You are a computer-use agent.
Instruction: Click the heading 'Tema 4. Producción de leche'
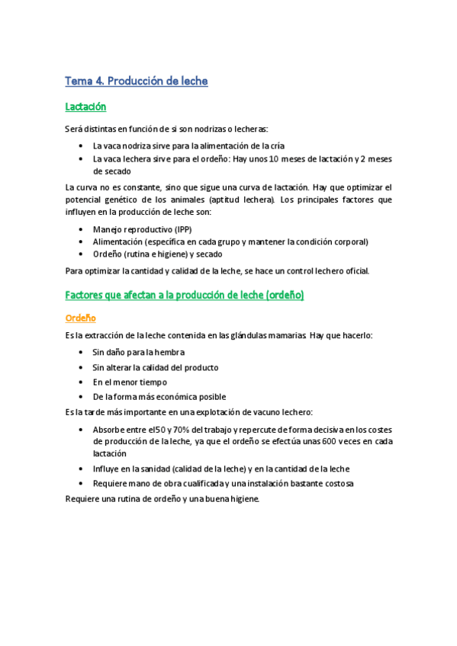137,81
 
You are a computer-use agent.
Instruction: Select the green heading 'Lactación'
85,107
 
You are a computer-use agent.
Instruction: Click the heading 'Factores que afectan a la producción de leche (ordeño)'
185,295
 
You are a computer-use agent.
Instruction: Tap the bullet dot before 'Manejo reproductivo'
82,229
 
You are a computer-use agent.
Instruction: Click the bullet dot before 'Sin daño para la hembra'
82,353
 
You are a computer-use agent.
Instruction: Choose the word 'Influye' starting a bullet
106,469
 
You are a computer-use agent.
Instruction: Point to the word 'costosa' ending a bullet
336,484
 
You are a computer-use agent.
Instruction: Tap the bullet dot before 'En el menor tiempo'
82,382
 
